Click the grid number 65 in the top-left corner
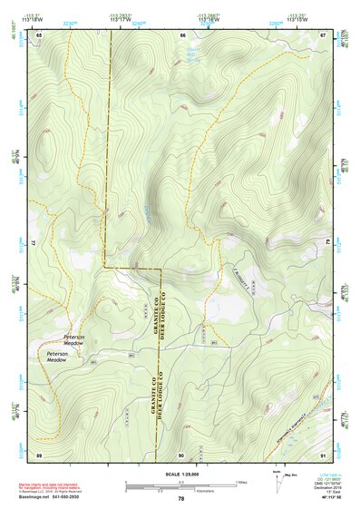(39, 34)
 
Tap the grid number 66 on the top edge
(182, 34)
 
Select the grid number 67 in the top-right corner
(324, 34)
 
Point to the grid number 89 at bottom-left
(39, 454)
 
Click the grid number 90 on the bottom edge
(182, 454)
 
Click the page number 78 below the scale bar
(181, 499)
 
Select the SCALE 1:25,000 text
(181, 475)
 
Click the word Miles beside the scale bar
(241, 481)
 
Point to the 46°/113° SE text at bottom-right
(329, 498)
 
